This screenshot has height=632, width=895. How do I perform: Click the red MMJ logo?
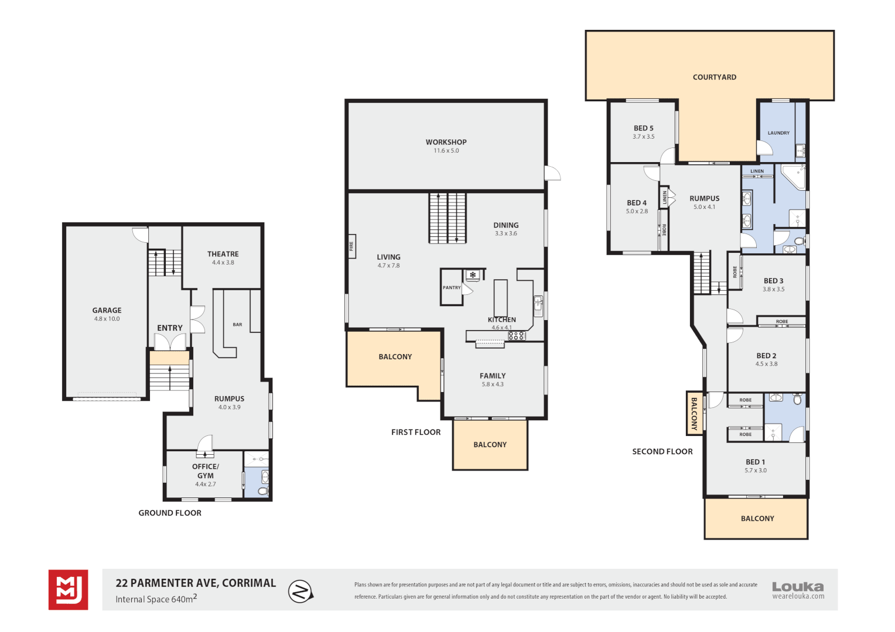pos(69,589)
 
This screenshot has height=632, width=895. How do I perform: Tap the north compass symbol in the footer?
pos(300,591)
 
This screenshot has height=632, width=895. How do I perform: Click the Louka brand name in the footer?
pos(798,586)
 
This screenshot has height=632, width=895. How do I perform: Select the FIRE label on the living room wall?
pos(351,246)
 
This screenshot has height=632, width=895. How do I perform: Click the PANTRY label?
pos(452,287)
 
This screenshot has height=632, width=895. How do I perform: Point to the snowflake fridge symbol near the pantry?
pos(473,274)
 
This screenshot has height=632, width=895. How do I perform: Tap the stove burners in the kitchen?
pos(517,336)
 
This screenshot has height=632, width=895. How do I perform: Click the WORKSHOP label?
pos(446,142)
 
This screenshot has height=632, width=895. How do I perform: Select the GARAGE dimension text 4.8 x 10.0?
pos(107,318)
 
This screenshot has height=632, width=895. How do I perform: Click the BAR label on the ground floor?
pos(237,325)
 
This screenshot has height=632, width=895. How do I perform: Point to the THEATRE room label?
pos(223,254)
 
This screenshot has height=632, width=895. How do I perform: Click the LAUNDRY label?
pos(778,133)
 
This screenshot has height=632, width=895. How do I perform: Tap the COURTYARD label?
pos(715,77)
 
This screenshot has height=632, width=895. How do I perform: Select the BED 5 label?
pos(643,128)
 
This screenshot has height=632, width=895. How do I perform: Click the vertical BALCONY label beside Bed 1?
pos(694,414)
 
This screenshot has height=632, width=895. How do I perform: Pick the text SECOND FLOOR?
pos(662,452)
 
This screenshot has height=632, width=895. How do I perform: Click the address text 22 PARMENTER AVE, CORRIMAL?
pos(196,583)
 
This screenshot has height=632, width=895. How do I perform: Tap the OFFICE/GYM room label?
pos(206,471)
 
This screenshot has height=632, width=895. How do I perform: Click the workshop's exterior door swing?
pos(552,173)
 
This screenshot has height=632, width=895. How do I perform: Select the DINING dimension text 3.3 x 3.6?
pos(506,233)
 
